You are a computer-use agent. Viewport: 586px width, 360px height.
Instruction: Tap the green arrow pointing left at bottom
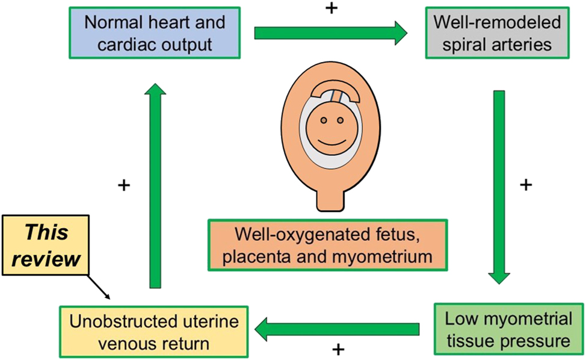pos(337,329)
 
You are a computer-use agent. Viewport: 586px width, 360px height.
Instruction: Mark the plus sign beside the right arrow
pos(525,184)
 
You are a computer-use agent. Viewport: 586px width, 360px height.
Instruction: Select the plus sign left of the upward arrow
pos(124,185)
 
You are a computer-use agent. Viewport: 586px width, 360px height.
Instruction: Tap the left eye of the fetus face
pos(323,120)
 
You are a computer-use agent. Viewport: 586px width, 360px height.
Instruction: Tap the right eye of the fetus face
pos(340,120)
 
